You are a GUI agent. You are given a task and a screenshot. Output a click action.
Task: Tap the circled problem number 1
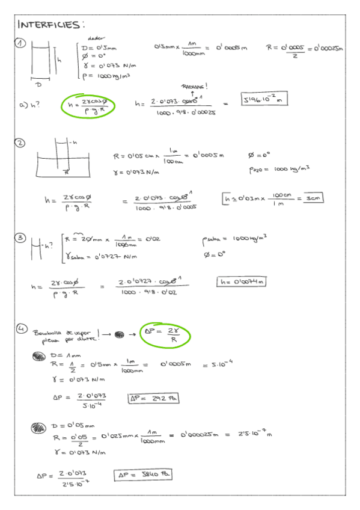[x=21, y=44]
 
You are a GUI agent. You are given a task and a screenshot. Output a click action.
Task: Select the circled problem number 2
[x=20, y=143]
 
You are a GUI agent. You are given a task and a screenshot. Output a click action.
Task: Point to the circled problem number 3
[x=20, y=239]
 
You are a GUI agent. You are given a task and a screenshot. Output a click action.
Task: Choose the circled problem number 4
[x=21, y=329]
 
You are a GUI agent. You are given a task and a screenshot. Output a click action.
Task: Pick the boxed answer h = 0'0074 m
[x=241, y=281]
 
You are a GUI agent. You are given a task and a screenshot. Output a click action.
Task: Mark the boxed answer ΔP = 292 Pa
[x=153, y=398]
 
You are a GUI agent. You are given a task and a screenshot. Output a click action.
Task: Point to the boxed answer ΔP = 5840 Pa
[x=143, y=475]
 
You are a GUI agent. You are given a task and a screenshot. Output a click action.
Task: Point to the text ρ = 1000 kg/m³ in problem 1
[x=106, y=76]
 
